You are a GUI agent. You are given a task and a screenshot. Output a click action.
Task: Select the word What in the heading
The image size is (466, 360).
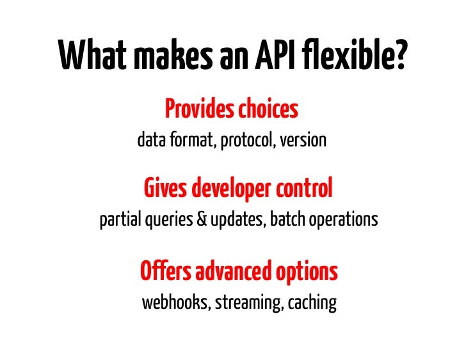[91, 56]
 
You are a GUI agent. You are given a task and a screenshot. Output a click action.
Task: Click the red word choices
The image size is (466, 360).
[268, 110]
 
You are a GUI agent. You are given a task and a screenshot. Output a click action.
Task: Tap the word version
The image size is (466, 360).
[305, 140]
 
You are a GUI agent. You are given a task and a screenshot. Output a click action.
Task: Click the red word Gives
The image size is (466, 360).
[165, 189]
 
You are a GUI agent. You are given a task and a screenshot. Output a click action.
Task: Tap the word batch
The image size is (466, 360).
[287, 220]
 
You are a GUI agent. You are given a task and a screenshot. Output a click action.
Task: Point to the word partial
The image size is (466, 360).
[120, 220]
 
